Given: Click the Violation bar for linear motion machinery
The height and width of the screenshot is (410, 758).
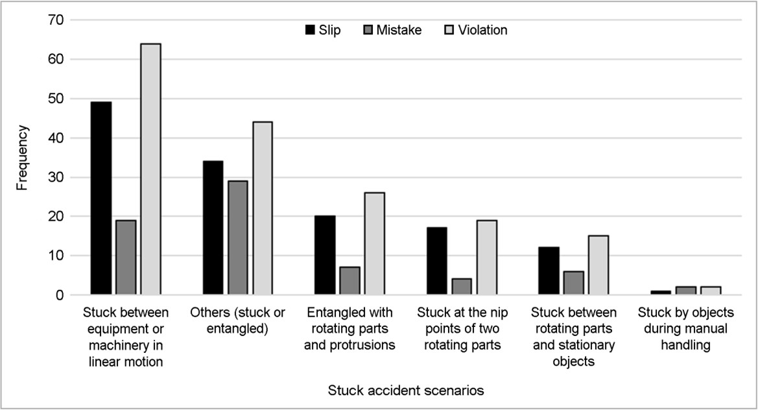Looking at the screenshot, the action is tap(151, 169).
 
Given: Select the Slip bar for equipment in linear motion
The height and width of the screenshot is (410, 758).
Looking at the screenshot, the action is tap(101, 199).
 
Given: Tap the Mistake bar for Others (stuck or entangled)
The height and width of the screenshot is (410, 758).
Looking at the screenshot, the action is tap(238, 237).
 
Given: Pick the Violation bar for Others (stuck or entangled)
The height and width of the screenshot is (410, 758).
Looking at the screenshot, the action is tap(263, 208).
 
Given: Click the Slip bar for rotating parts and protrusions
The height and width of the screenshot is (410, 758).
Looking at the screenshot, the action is tap(325, 256).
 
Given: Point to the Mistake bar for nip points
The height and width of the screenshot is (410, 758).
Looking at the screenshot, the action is tap(462, 286).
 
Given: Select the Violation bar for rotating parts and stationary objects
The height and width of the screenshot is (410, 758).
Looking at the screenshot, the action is tap(598, 265).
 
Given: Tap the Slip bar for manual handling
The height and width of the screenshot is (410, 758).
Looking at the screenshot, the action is tap(660, 293).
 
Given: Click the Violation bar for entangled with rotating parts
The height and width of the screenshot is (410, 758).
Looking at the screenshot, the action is tap(375, 243).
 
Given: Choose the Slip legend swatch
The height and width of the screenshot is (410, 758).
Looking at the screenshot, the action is tap(310, 30).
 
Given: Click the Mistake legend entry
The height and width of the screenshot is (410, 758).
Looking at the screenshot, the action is tap(392, 30).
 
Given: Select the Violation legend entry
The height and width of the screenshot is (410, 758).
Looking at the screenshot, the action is tap(476, 30).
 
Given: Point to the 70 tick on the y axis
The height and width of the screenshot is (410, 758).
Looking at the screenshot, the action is tap(56, 20).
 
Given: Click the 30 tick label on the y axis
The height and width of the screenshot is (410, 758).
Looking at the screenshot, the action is tap(56, 178).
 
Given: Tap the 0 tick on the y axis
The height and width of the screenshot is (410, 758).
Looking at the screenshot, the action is tap(60, 295).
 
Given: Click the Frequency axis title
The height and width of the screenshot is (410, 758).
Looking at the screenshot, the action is tap(22, 158).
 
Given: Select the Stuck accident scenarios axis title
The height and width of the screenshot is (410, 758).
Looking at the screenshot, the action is tap(406, 390).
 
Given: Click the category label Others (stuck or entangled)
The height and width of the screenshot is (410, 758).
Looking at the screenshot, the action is tap(237, 320).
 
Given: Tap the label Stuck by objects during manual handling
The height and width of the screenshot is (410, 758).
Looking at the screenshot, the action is tap(685, 328).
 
